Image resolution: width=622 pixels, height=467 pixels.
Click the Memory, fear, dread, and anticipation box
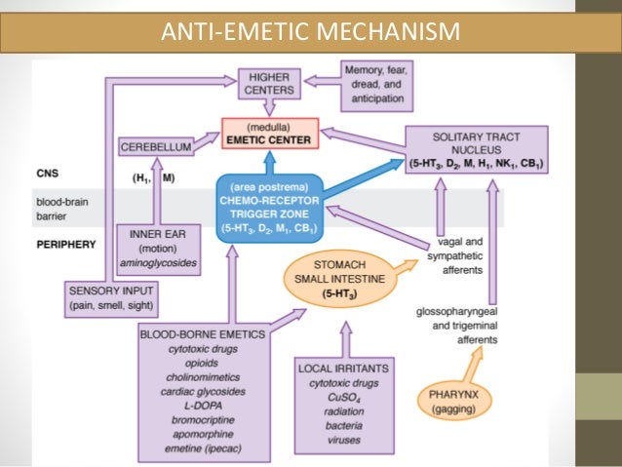pos(381,83)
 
